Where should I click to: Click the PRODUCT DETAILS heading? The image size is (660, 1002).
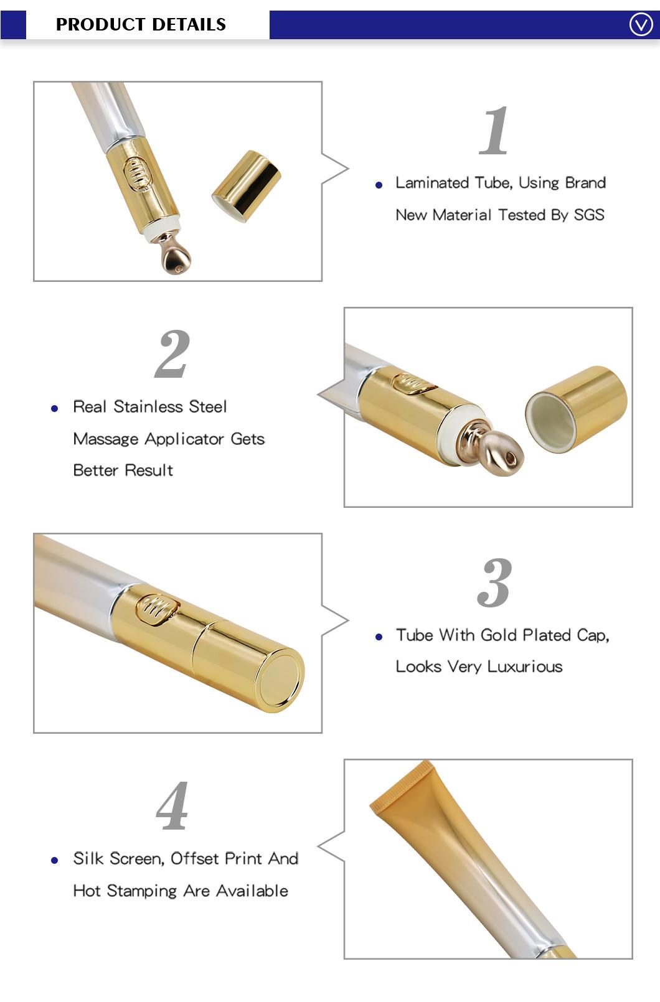tap(141, 25)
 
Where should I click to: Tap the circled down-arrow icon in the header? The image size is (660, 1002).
tap(641, 25)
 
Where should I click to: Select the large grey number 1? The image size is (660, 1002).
tap(494, 131)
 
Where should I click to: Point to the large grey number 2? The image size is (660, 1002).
tap(172, 354)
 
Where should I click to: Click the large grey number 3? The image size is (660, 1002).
tap(494, 583)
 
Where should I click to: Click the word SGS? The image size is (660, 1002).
tap(589, 215)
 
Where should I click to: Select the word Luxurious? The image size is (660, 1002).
tap(524, 667)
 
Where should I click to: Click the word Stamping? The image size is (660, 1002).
tap(142, 891)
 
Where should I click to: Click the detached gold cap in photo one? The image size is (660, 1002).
tap(247, 186)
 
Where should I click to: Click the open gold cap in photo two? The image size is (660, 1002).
tap(576, 410)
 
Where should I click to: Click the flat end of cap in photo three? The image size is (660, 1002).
tap(279, 680)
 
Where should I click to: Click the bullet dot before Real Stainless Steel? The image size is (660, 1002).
tap(55, 408)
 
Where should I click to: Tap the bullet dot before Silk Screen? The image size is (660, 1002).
tap(55, 860)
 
